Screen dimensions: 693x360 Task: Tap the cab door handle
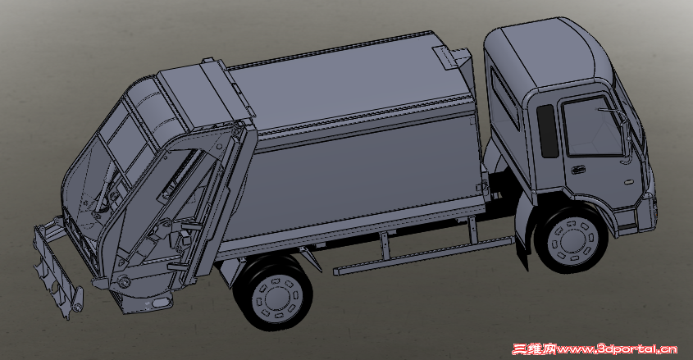(577, 170)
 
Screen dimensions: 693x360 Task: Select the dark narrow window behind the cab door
(548, 131)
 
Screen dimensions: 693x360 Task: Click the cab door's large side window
(592, 127)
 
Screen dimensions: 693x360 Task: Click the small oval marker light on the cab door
(629, 180)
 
